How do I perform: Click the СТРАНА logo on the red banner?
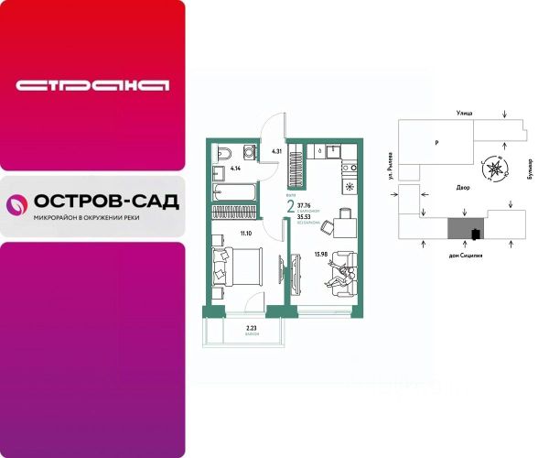click(92, 86)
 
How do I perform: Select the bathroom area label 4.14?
click(236, 169)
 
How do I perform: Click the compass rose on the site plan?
click(495, 168)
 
